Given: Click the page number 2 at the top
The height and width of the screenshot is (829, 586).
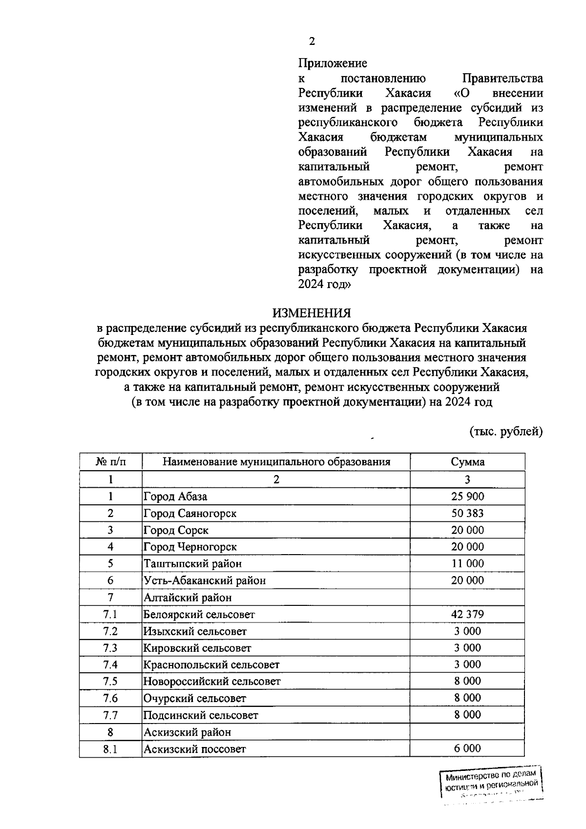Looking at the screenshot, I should pos(312,41).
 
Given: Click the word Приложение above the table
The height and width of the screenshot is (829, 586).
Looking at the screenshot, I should pos(333,63).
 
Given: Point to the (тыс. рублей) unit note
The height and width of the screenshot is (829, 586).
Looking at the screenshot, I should pos(506,432).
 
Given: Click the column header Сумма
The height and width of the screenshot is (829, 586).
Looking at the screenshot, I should pos(467,462).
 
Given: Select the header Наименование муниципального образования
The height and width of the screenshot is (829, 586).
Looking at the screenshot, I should pos(276,462).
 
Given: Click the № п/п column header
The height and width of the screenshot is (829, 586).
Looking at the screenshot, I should pos(110,462).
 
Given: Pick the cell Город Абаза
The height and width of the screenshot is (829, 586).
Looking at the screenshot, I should pos(175,497).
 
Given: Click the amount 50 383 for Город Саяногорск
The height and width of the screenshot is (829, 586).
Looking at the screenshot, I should pos(467,513).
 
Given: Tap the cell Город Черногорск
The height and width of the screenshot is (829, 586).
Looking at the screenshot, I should pos(190,547).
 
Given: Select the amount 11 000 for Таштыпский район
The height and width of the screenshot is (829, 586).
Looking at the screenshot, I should pos(467,563).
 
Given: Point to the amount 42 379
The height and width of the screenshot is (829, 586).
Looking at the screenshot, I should pos(467,614).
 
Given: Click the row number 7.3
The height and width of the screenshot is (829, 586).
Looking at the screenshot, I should pos(110,648).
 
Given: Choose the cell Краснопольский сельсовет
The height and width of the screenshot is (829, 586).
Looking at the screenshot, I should pos(211,664).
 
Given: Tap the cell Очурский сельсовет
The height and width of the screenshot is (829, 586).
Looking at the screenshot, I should pos(195,698).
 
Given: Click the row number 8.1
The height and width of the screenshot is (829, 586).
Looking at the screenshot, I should pos(110,748).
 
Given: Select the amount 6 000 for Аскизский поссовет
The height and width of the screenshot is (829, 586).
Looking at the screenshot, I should pos(467,748).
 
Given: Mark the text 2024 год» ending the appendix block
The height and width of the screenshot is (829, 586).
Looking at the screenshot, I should pos(324,284).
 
